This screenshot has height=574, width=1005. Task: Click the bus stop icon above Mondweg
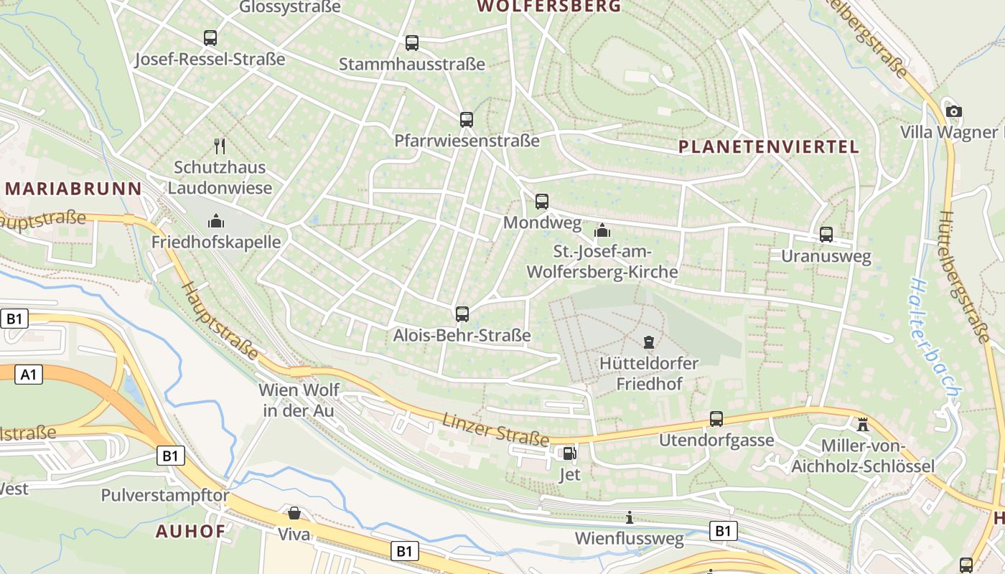(542, 202)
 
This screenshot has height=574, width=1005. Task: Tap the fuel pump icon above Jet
(569, 453)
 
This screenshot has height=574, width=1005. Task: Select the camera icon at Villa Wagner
(953, 111)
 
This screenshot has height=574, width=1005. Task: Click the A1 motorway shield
(28, 375)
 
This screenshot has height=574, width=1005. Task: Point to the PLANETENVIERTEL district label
(768, 147)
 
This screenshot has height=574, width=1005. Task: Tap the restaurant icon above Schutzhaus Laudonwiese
(220, 146)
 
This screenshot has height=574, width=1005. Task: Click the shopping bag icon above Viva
(294, 513)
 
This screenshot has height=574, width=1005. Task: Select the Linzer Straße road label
(495, 428)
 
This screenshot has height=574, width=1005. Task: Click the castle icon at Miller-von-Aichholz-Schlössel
(863, 424)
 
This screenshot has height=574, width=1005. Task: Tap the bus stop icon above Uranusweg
(826, 234)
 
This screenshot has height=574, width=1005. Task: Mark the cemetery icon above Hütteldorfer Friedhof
(649, 342)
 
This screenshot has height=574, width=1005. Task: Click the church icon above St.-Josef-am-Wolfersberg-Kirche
(602, 230)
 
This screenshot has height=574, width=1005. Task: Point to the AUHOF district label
(190, 532)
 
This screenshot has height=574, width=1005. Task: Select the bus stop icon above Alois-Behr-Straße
(462, 314)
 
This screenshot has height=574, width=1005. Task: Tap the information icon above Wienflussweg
(630, 517)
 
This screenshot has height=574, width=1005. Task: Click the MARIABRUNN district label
(73, 189)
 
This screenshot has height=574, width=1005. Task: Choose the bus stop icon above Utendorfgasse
(716, 419)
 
